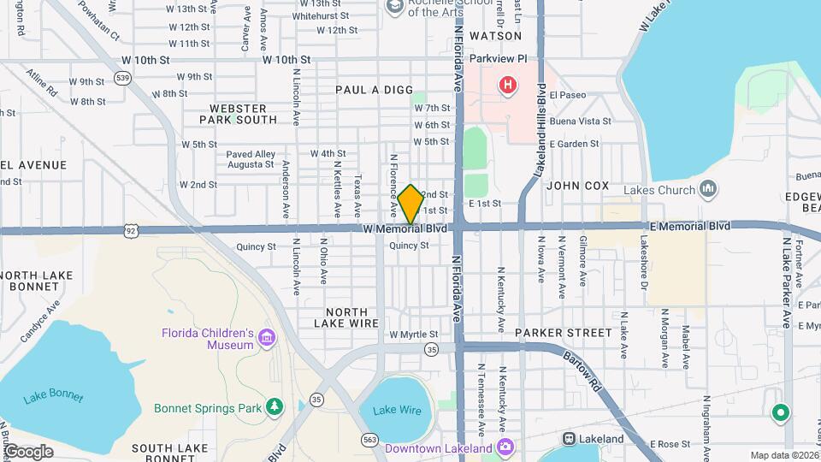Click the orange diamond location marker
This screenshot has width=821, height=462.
tap(410, 204)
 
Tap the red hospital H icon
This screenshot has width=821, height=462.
tap(508, 85)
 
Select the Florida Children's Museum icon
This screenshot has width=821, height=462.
tap(268, 338)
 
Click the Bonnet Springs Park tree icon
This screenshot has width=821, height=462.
tap(275, 406)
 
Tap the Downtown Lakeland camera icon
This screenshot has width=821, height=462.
tap(506, 447)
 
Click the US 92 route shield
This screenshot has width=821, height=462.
tap(129, 230)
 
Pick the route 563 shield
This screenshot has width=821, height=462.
tap(369, 440)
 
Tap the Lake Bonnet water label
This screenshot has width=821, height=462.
tap(54, 396)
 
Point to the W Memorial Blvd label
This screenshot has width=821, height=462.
tap(405, 229)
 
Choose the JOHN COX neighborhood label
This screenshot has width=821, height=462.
tap(577, 185)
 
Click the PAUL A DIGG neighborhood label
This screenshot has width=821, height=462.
tap(374, 90)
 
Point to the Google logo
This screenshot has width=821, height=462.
tap(28, 451)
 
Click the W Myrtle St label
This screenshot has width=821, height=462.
tap(413, 335)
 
